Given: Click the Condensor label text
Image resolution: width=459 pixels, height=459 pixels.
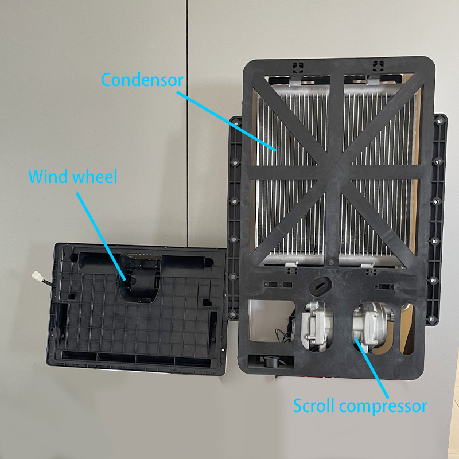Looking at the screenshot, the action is [x=142, y=80].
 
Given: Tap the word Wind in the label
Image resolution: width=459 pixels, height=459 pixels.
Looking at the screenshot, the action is [x=48, y=177].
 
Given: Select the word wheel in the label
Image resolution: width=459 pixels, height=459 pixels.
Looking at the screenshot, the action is [x=95, y=177].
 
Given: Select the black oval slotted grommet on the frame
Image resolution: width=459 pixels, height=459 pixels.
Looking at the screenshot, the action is [x=320, y=286].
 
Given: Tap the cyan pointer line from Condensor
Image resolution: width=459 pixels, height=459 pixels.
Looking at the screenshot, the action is [x=226, y=121].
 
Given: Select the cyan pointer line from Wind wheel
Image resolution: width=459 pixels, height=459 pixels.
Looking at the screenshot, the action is [x=102, y=236].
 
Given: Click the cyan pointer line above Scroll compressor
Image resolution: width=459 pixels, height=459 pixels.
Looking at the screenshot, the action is [x=371, y=368].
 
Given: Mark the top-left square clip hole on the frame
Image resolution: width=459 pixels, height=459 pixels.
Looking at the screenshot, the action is [x=298, y=67].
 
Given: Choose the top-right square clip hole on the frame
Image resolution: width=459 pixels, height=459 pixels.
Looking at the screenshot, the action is [x=378, y=66].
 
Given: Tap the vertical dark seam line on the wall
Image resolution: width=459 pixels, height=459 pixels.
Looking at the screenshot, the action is [x=187, y=123].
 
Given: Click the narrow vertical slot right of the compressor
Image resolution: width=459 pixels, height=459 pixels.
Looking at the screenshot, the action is [x=407, y=329].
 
